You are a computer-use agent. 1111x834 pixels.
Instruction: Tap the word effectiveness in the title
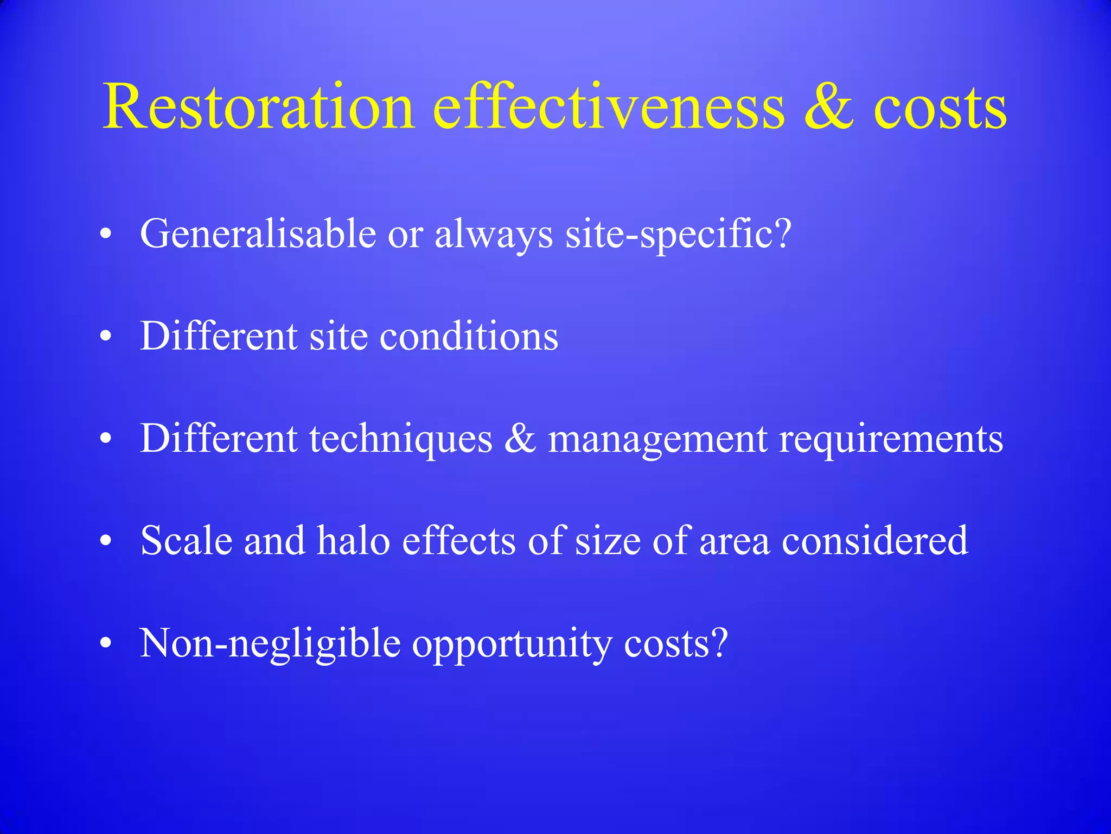pyautogui.click(x=608, y=107)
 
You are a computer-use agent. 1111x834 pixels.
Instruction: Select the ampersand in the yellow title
pyautogui.click(x=829, y=107)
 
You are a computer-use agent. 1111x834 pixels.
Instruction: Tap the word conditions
pyautogui.click(x=469, y=336)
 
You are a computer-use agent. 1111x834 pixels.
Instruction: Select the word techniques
pyautogui.click(x=401, y=439)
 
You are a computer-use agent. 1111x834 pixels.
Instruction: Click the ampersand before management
pyautogui.click(x=520, y=439)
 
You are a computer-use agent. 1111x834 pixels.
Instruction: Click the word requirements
pyautogui.click(x=891, y=439)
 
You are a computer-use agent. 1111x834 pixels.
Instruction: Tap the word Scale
pyautogui.click(x=186, y=541)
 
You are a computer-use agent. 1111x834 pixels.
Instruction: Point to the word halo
pyautogui.click(x=353, y=541)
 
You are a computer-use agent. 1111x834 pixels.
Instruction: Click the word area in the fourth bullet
pyautogui.click(x=735, y=541)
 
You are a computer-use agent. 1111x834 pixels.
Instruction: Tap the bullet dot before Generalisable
pyautogui.click(x=106, y=235)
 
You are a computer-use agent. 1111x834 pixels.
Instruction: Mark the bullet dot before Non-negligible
pyautogui.click(x=106, y=643)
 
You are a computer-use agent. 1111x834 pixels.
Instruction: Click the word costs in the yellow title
pyautogui.click(x=940, y=107)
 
